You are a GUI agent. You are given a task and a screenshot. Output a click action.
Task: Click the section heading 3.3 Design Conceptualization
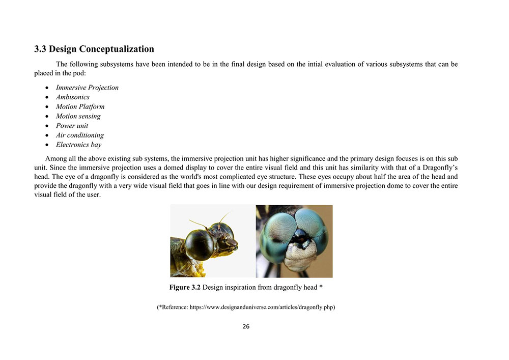click(94, 49)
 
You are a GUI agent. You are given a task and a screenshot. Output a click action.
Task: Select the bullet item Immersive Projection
click(87, 88)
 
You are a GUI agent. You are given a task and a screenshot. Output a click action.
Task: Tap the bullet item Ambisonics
click(72, 97)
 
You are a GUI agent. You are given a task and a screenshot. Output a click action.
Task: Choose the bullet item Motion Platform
click(80, 106)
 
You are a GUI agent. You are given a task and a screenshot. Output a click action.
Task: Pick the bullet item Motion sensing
click(78, 116)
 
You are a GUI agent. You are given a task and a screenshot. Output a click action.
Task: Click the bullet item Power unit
click(72, 126)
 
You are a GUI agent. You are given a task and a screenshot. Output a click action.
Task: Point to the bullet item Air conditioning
click(79, 135)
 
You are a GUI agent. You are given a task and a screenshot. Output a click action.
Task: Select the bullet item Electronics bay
click(78, 145)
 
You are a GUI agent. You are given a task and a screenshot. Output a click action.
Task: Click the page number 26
click(246, 326)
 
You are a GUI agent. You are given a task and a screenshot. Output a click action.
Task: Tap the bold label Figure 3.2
click(185, 287)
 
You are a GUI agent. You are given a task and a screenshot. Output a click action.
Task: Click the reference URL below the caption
click(262, 308)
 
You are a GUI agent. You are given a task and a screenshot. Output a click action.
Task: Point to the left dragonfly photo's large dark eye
click(200, 245)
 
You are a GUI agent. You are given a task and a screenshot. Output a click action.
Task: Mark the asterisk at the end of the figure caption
click(321, 287)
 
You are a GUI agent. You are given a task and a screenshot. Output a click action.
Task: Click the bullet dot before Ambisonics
click(46, 97)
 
